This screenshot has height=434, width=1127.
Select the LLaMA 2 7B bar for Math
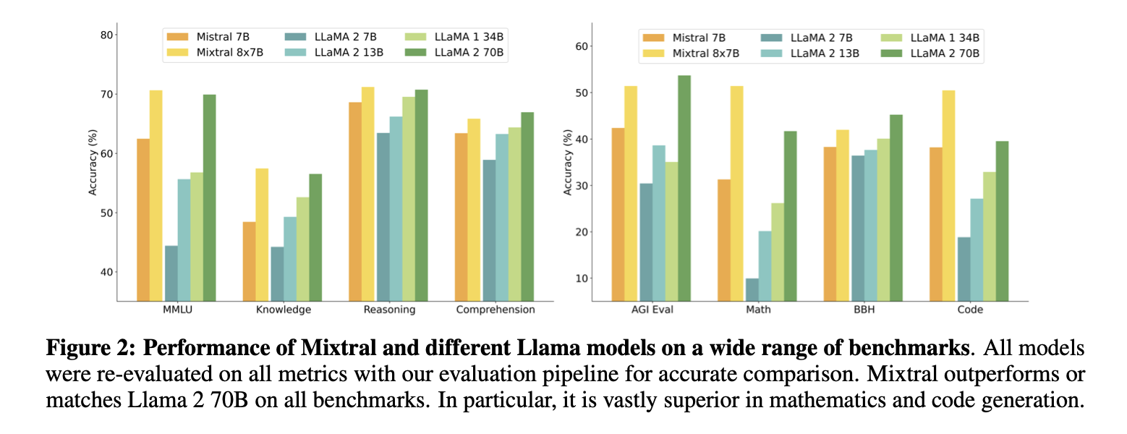coord(752,289)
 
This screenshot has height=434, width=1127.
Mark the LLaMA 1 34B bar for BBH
coord(883,220)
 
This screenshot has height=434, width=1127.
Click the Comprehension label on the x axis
coord(496,310)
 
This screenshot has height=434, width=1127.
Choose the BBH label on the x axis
coord(864,310)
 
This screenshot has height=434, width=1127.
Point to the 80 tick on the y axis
coord(106,35)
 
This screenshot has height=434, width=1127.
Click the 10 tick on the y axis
coord(581,278)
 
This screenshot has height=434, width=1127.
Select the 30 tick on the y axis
coord(581,186)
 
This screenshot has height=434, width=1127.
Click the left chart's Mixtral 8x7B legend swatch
coord(177,51)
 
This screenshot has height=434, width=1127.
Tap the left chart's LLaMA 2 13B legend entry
coord(341,51)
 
